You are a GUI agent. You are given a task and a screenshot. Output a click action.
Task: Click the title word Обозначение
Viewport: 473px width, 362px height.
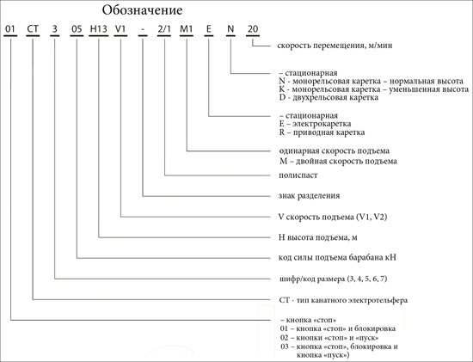point(142,10)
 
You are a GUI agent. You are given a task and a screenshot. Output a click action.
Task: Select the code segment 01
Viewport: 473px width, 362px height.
point(10,29)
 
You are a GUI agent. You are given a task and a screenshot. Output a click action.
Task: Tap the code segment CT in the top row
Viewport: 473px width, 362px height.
point(33,29)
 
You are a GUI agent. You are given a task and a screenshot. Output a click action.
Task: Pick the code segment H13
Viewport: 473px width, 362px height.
point(99,29)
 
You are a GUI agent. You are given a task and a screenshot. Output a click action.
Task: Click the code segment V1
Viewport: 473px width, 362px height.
point(120,29)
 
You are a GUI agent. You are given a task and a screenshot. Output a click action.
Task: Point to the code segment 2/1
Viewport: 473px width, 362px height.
point(164,29)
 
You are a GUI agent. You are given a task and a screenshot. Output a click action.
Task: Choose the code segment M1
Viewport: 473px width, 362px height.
point(186,29)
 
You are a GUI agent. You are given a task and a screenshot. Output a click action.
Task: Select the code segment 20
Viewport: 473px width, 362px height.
point(253,29)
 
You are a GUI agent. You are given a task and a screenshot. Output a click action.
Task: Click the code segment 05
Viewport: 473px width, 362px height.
point(77,29)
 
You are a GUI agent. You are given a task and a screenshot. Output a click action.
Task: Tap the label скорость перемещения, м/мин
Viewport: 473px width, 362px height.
point(335,46)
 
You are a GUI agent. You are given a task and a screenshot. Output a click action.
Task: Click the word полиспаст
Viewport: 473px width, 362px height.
point(298,175)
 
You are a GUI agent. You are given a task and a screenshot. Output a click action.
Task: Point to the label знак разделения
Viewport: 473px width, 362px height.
point(310,196)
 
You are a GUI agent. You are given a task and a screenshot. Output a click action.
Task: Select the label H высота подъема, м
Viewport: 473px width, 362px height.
point(318,237)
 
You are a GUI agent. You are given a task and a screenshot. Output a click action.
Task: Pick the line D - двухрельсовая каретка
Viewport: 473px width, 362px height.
point(329,97)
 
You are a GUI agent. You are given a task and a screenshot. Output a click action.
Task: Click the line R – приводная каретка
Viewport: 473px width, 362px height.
point(322,132)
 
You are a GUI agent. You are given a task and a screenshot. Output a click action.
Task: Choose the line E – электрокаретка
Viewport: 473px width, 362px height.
point(315,124)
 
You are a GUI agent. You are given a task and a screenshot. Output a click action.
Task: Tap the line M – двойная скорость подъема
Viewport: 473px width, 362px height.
point(338,161)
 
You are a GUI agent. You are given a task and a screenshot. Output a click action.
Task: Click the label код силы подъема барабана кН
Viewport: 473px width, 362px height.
point(337,258)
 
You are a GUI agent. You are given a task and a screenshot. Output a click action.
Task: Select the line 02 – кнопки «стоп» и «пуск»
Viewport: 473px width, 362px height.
point(329,338)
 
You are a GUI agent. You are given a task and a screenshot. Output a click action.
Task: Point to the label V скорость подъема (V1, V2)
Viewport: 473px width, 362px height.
point(333,217)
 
